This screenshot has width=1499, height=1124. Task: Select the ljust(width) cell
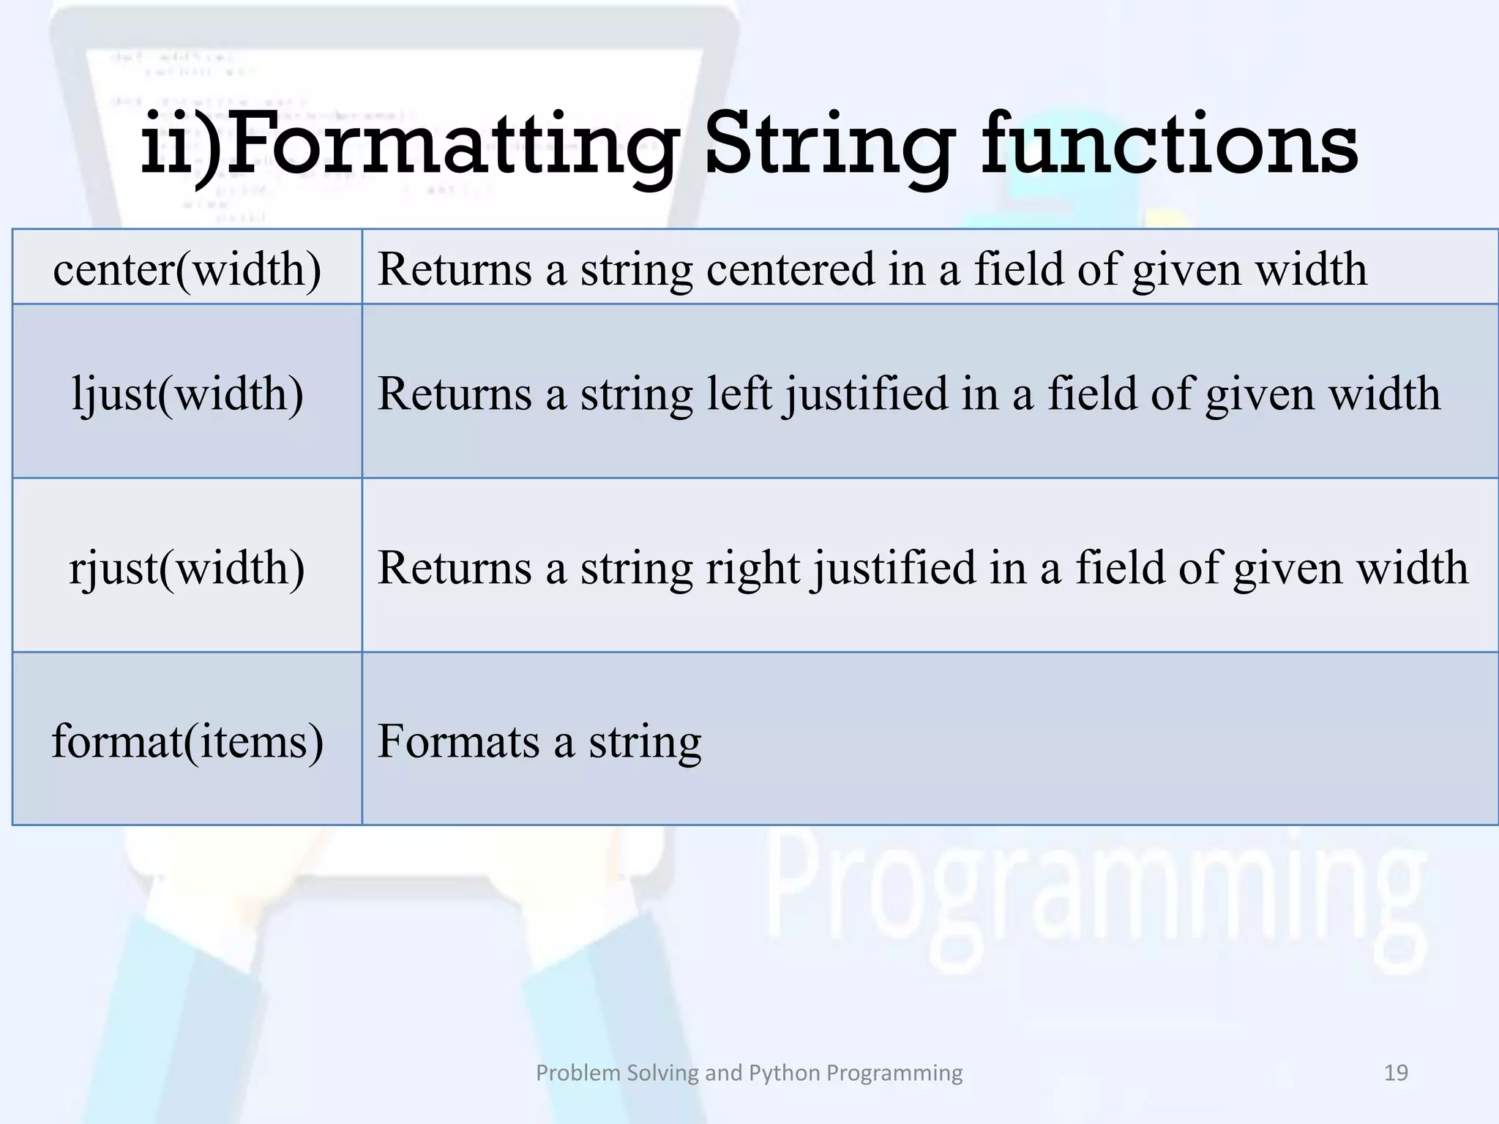click(x=187, y=394)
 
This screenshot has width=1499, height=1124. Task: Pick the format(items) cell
click(x=187, y=741)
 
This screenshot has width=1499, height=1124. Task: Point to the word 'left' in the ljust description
click(x=739, y=394)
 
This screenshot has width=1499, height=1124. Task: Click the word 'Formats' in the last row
click(x=458, y=741)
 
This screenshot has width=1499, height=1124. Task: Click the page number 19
click(x=1396, y=1073)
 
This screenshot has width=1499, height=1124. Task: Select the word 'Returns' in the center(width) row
click(x=455, y=269)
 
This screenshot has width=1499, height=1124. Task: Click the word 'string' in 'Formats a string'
click(x=645, y=743)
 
